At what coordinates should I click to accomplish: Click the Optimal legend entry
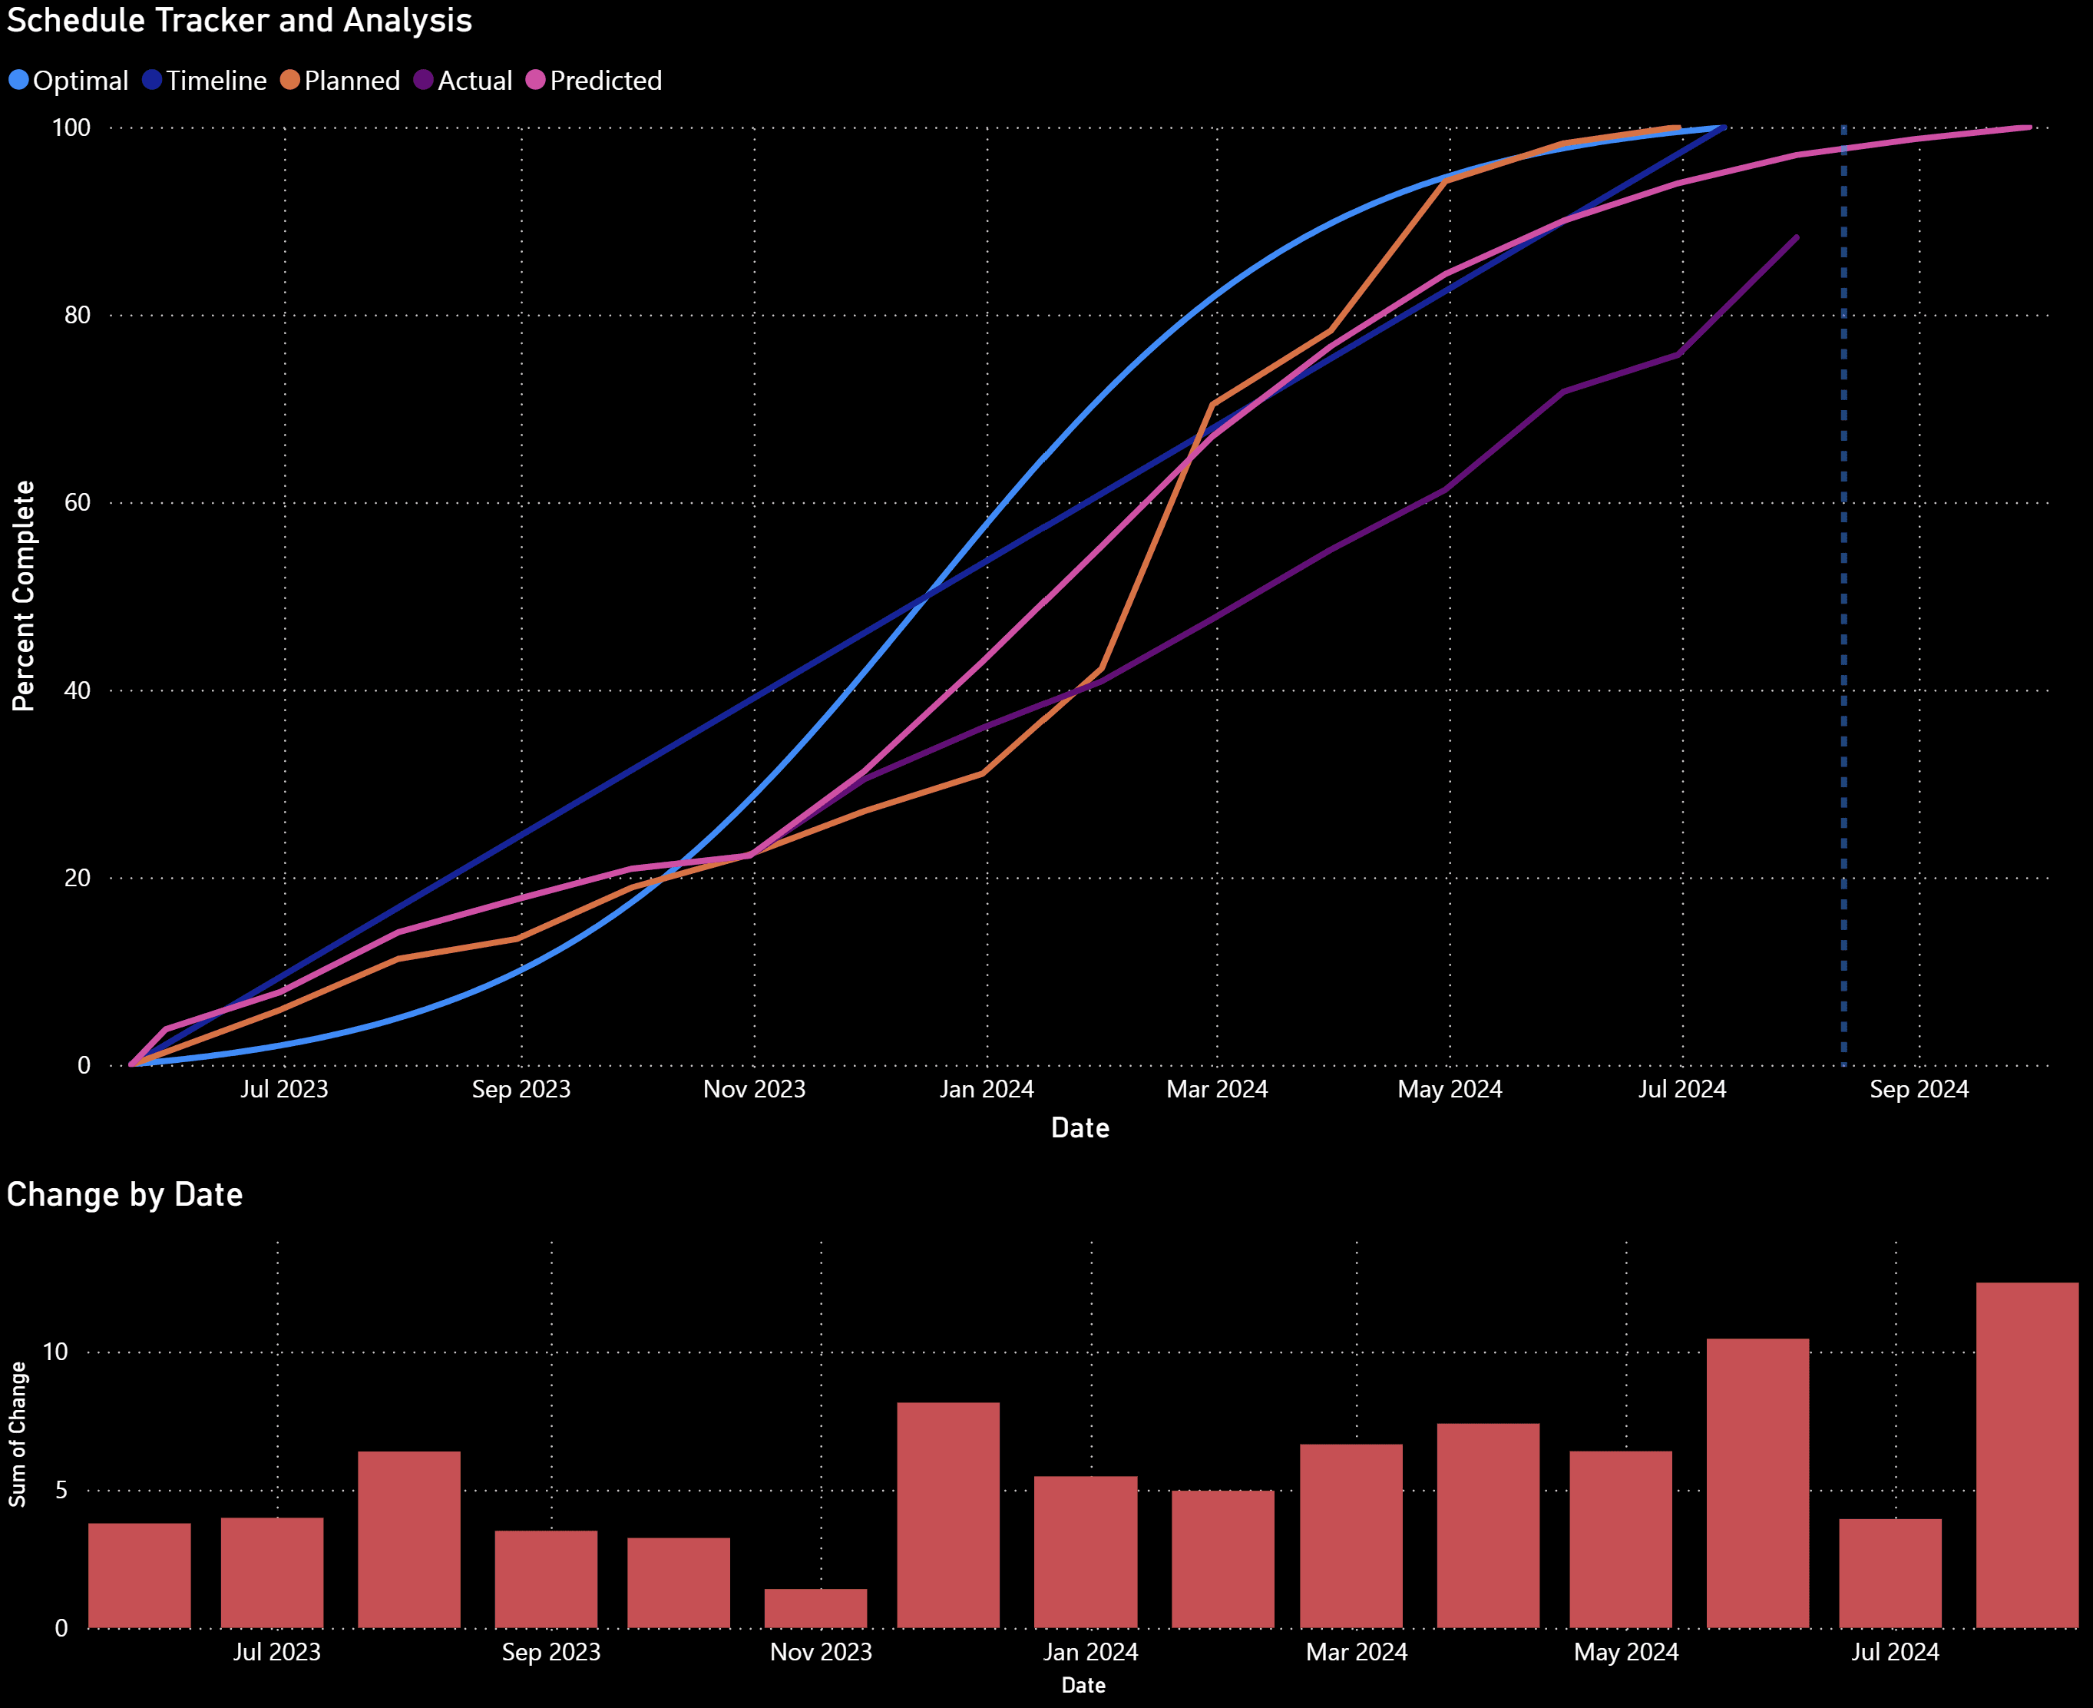69,81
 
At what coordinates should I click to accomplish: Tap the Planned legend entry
340,81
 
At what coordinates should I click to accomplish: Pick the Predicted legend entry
594,81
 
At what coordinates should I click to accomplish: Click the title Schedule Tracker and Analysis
239,21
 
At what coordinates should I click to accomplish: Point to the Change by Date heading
125,1194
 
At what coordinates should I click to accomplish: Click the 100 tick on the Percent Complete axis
71,128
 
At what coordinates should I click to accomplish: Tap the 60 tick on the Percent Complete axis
77,503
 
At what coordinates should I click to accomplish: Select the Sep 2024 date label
1919,1089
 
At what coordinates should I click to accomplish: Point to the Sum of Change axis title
18,1434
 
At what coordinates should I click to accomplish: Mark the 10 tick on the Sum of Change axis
56,1352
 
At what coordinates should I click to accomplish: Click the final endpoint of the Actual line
1797,237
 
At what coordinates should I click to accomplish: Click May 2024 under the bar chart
1626,1652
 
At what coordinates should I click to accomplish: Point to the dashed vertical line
1843,591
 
